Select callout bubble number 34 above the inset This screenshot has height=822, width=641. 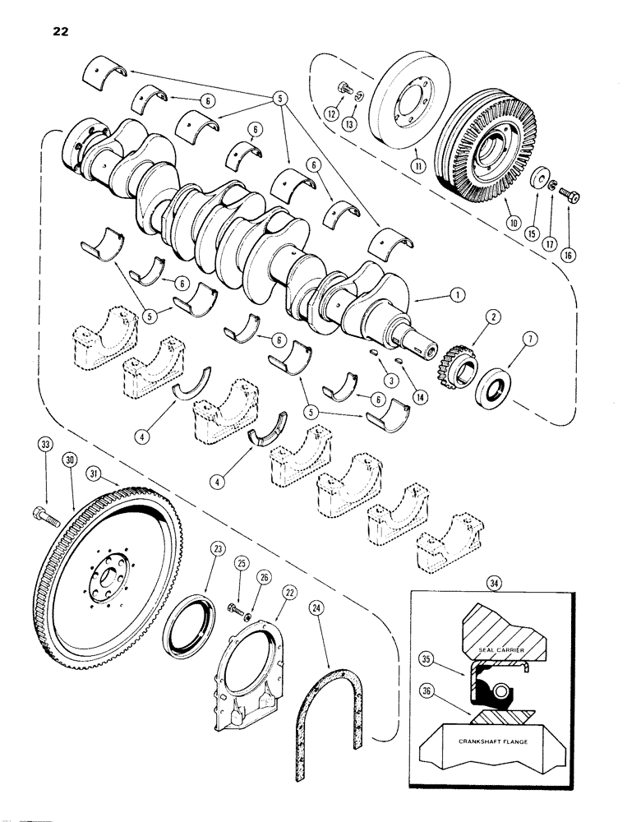pos(491,584)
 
